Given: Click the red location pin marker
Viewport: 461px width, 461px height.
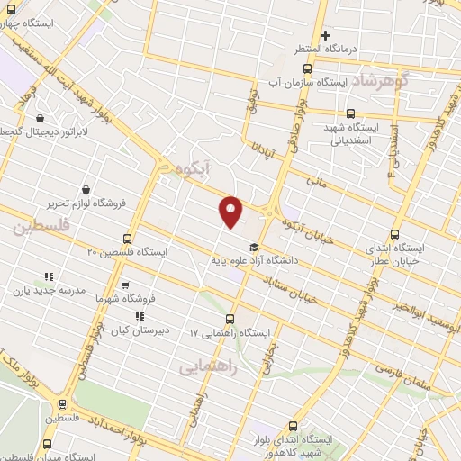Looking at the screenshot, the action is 231,212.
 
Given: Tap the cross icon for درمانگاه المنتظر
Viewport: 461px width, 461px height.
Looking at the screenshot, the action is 325,35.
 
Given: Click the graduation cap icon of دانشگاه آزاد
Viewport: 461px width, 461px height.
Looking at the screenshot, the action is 254,248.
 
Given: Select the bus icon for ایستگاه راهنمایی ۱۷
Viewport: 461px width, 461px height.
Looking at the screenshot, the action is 231,318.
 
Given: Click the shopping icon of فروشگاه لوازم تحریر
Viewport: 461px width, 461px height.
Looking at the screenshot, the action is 85,190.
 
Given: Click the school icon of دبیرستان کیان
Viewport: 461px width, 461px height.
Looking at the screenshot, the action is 139,316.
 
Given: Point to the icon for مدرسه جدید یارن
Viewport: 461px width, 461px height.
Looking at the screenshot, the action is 49,276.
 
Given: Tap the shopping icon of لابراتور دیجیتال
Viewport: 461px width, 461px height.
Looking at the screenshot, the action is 41,118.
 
